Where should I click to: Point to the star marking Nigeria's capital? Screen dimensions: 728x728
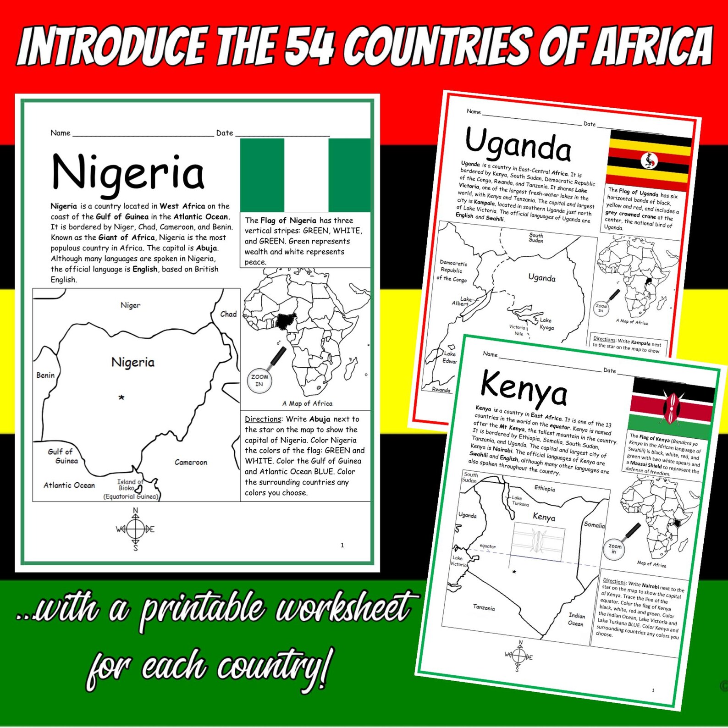[121, 397]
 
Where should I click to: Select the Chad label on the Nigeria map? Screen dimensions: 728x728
[228, 314]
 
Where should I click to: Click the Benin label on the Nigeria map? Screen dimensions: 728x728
[45, 375]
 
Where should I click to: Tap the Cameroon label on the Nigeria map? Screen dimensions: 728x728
[191, 462]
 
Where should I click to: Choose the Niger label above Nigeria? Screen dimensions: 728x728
[130, 305]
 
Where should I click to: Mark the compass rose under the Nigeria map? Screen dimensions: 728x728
[135, 529]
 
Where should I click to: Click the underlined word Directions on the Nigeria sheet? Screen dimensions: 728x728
[263, 419]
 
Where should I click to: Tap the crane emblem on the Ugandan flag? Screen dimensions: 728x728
[649, 160]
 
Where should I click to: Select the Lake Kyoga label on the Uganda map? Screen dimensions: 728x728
[546, 324]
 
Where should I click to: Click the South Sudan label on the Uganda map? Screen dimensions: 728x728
[535, 237]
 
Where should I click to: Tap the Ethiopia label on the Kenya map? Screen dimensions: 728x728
[545, 488]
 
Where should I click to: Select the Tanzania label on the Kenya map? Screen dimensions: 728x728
[484, 607]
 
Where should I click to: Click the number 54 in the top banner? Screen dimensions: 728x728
[309, 45]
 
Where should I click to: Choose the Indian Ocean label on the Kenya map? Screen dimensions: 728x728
[576, 619]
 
